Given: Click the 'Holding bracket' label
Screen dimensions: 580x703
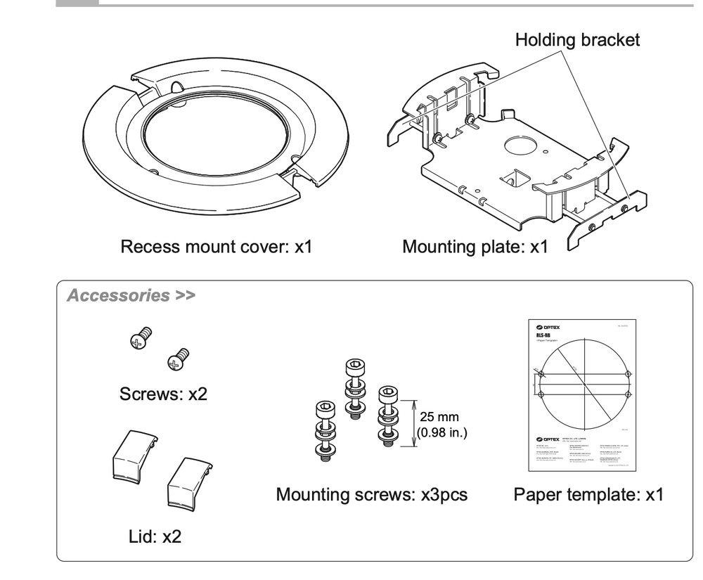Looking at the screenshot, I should coord(577,40).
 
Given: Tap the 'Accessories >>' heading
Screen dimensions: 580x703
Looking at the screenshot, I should coord(130,295).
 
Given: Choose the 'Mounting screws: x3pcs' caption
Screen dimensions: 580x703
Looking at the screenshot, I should coord(371,494).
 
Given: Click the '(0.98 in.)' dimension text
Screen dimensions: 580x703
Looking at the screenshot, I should coord(439,433).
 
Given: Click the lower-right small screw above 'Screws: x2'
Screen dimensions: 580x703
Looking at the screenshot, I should coord(176,359).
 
